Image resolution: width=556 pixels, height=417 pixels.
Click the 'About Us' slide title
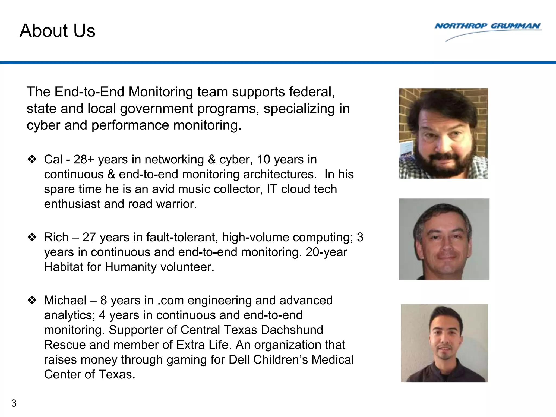[x=57, y=30]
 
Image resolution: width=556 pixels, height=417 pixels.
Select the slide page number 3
[x=14, y=403]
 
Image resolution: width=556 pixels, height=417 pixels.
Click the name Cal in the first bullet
[x=53, y=159]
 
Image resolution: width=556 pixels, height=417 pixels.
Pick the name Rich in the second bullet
[x=56, y=237]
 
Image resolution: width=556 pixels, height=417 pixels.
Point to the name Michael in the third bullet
[x=65, y=300]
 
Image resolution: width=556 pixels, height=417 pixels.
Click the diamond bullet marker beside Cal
[x=32, y=159]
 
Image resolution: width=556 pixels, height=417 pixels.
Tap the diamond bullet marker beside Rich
[x=32, y=237]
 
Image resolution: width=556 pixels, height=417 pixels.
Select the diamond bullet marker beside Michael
[x=32, y=300]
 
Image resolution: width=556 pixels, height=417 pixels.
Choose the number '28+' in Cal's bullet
[x=84, y=159]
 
